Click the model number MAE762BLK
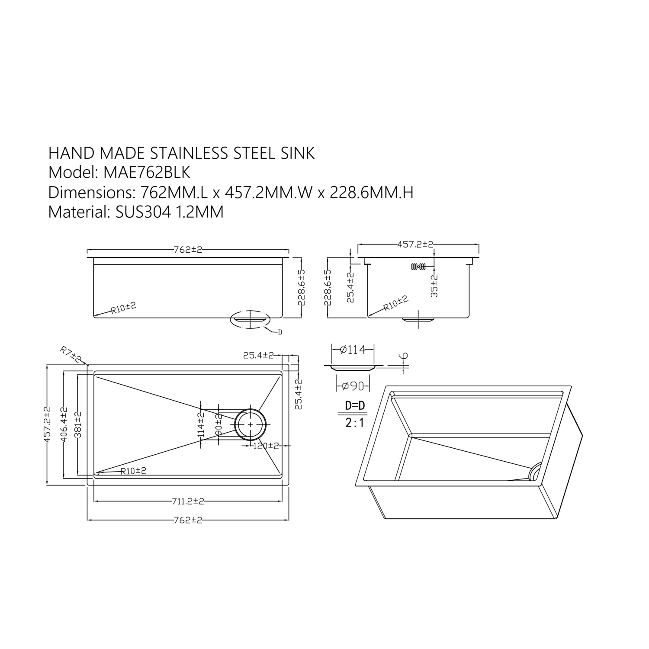click(147, 172)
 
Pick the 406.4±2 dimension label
click(64, 424)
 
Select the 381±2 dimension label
click(78, 424)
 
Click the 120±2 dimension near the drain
click(266, 446)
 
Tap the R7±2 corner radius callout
click(70, 354)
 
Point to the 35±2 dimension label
click(434, 286)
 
